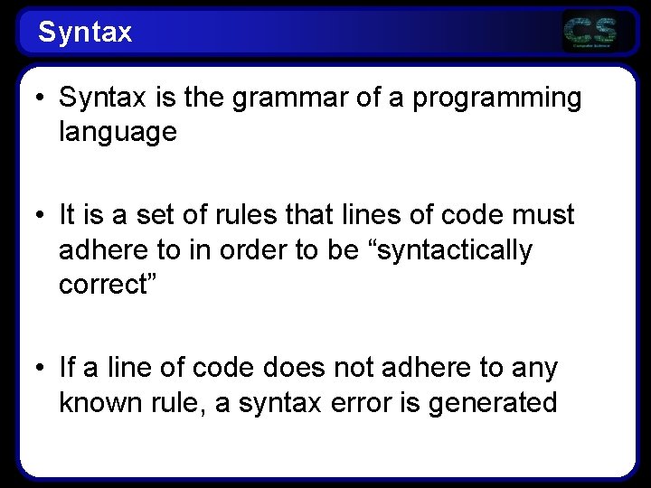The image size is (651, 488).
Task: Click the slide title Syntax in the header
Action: coord(85,33)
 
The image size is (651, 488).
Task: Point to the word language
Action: coord(118,132)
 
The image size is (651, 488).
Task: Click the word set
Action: coord(163,215)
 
